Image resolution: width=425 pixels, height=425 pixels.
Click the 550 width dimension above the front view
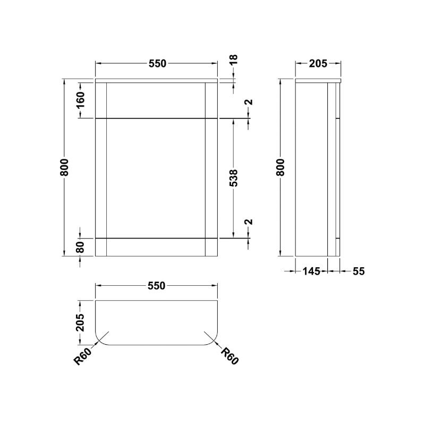click(157, 64)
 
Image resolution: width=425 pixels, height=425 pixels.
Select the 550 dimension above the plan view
click(157, 286)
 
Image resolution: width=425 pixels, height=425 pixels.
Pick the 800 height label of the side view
click(281, 168)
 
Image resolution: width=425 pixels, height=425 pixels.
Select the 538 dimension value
click(234, 178)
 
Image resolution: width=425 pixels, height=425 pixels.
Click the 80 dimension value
click(81, 248)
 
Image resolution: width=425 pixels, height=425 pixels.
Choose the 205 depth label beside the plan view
click(81, 321)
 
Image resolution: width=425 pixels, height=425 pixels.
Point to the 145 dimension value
click(311, 271)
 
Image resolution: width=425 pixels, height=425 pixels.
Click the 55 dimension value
click(358, 271)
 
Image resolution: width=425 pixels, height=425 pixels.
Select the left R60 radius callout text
click(83, 357)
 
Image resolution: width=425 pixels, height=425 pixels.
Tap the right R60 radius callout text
click(229, 356)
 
